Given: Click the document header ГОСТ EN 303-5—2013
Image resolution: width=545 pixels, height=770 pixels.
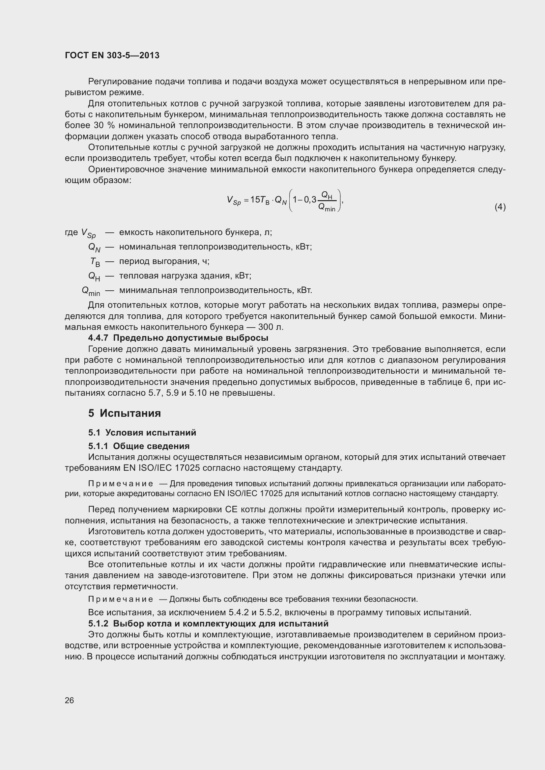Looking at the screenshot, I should [x=112, y=55].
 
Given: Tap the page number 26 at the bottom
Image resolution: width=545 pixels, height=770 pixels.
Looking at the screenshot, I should [x=70, y=700].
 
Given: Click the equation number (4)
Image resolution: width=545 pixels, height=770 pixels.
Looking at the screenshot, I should [x=500, y=207].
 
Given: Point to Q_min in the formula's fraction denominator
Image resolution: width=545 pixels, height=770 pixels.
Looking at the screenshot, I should [x=327, y=208].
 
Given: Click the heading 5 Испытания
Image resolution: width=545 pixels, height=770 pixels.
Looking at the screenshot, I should [x=125, y=413].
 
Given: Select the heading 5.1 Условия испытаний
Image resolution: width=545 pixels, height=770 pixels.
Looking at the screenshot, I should [x=142, y=433].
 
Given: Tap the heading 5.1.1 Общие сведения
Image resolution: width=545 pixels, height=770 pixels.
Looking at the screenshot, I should [x=139, y=446].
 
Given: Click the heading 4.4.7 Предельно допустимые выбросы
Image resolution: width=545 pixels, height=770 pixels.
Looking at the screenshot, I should [x=178, y=338].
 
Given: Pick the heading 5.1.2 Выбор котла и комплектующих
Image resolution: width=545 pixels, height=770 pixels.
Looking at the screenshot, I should [x=208, y=624].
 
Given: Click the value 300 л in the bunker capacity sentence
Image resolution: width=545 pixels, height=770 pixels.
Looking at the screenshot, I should [x=271, y=327].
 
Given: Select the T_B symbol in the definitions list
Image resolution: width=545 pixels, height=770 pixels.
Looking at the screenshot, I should [x=95, y=262].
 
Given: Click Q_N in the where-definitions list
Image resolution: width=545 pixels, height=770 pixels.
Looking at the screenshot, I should [x=94, y=248].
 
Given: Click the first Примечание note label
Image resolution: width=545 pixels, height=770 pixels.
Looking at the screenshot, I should [x=121, y=484].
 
